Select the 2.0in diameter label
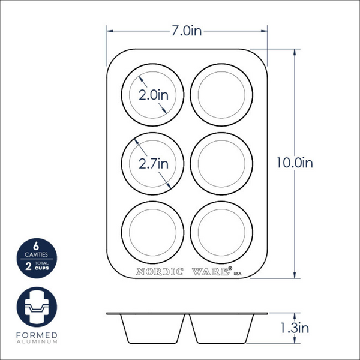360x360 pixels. [153, 95]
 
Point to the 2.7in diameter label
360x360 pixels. [153, 163]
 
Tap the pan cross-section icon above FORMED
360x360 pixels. [38, 307]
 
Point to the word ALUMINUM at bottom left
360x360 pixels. [38, 342]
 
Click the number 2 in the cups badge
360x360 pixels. [28, 263]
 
